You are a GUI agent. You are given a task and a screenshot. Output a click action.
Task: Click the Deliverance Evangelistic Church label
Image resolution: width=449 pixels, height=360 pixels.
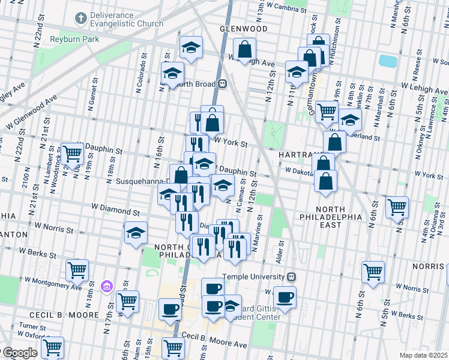point(127,19)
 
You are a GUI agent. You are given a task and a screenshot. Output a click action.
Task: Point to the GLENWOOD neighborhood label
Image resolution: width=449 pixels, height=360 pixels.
point(243,28)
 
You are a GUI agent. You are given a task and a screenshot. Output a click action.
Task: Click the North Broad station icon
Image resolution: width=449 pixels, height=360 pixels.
point(221,84)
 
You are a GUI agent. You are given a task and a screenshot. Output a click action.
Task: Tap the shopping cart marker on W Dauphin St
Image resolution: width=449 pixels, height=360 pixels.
point(73,154)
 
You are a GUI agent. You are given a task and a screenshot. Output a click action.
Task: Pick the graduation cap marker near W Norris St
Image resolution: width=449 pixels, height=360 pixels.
point(136,233)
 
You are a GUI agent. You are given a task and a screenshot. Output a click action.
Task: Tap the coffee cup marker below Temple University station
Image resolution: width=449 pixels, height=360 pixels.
point(285,297)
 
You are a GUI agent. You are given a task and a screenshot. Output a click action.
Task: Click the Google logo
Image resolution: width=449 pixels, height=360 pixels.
point(19,353)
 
